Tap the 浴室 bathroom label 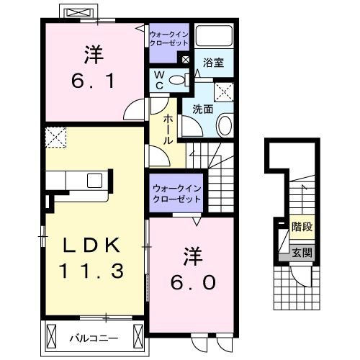(213, 63)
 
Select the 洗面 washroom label (202, 110)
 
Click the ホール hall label (168, 130)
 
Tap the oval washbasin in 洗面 (224, 127)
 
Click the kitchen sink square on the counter (94, 181)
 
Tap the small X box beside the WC (186, 60)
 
